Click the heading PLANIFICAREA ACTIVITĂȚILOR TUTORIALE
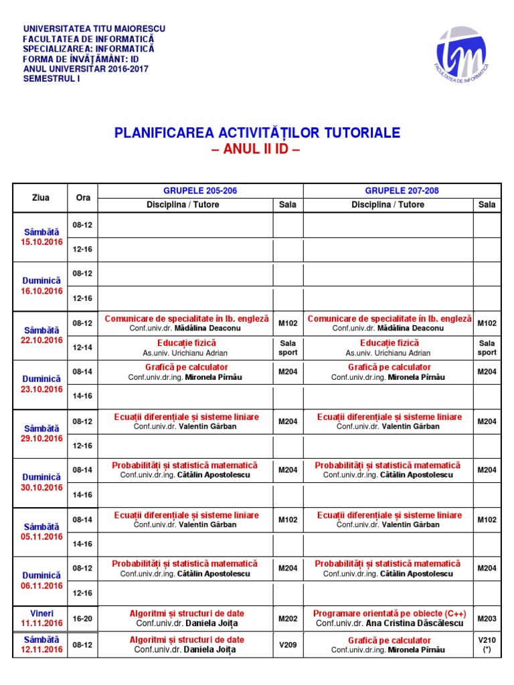point(258,132)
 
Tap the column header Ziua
point(40,197)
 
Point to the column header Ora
point(83,197)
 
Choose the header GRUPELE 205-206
point(200,191)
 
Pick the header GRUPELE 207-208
point(402,191)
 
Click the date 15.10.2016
point(41,242)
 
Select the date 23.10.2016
point(41,389)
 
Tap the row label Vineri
point(41,613)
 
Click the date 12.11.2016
point(41,650)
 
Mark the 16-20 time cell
point(82,619)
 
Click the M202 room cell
point(288,619)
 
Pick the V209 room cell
point(288,645)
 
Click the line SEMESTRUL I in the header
point(52,79)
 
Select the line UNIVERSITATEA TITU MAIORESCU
point(94,29)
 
